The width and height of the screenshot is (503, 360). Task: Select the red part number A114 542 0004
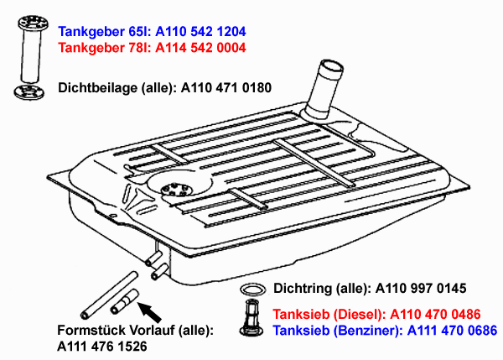pos(202,48)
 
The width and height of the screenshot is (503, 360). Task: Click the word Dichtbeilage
pos(97,87)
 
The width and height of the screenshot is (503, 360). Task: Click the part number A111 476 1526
pos(101,346)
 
